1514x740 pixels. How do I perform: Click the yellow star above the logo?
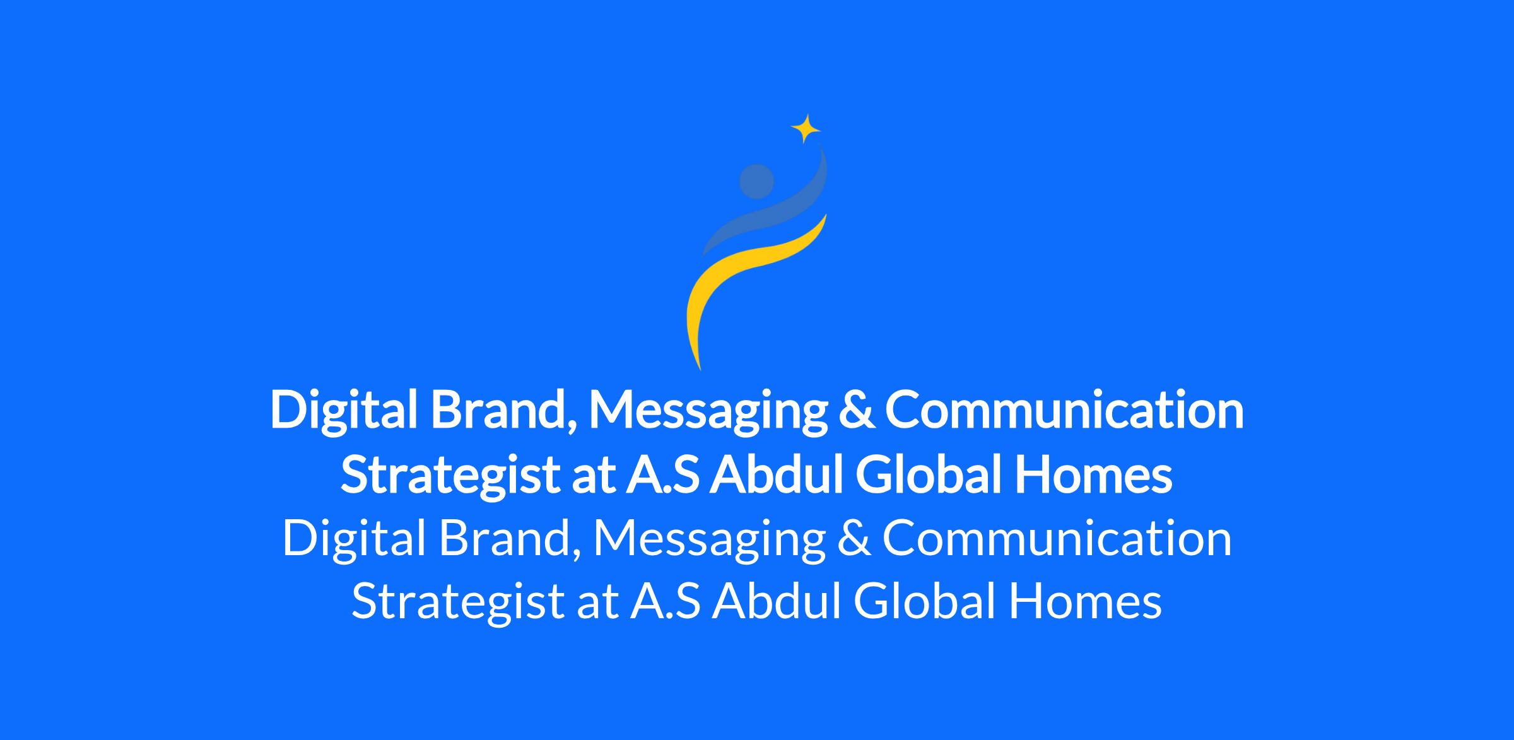click(x=806, y=129)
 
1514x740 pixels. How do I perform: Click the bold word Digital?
click(x=344, y=411)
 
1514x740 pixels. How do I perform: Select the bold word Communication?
click(x=1064, y=410)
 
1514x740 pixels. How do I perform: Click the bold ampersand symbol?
click(x=856, y=411)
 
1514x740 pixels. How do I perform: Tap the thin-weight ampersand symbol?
click(x=854, y=538)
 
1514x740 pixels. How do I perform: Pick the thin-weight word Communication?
click(x=1057, y=538)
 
